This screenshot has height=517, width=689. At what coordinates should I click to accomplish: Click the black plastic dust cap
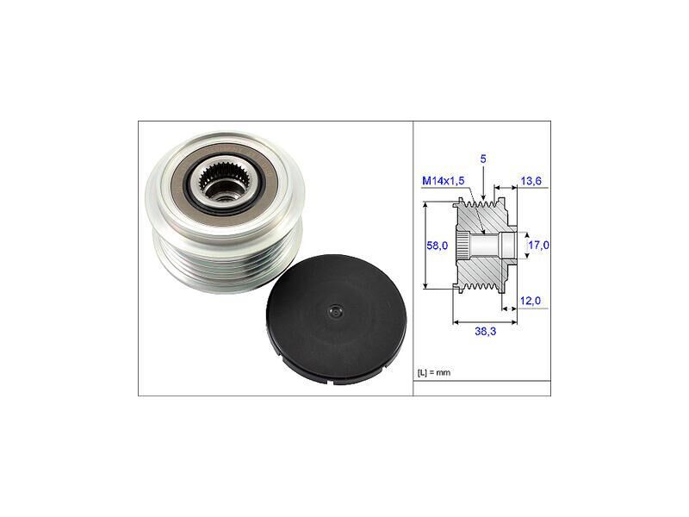pos(337,320)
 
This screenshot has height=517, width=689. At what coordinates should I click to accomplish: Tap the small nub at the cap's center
pos(336,312)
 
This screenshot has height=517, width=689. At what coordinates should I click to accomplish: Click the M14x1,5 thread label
pos(443,181)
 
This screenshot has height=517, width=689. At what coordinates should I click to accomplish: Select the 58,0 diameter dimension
pos(437,246)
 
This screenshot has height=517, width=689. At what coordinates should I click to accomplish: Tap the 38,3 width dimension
pos(485,331)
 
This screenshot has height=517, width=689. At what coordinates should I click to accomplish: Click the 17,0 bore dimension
pos(538,245)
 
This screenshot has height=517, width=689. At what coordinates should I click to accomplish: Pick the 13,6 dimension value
pos(531,181)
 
